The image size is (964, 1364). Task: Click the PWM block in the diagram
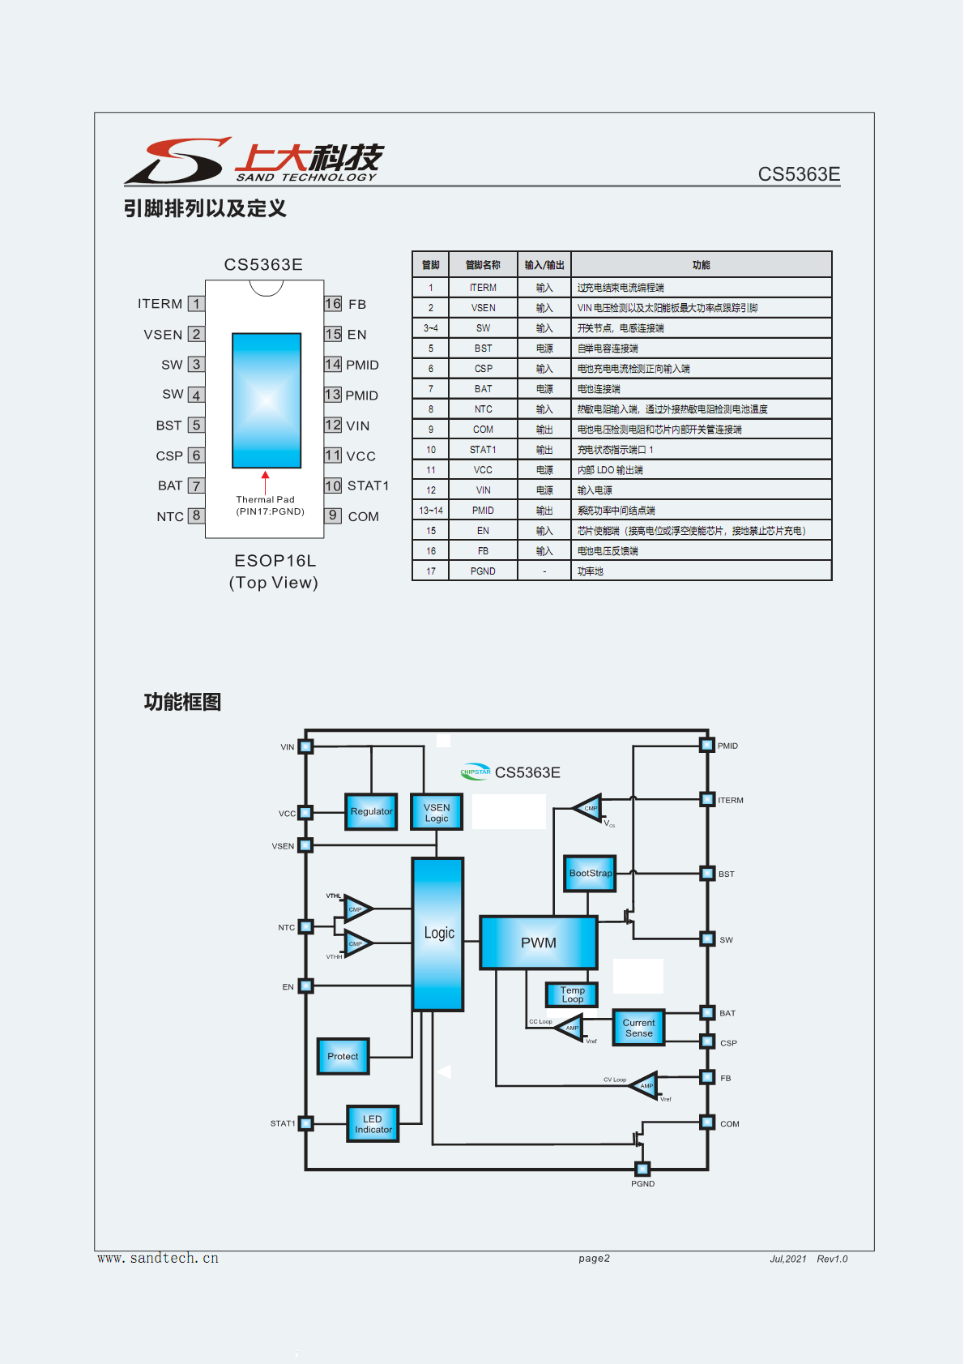539,943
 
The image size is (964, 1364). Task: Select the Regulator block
371,811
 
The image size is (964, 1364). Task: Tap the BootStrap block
590,874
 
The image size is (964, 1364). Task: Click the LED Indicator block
373,1124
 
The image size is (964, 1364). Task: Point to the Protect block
343,1056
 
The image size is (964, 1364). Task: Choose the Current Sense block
638,1028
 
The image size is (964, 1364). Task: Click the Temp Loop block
572,994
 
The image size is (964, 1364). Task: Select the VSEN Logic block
437,812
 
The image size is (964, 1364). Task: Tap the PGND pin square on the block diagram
642,1169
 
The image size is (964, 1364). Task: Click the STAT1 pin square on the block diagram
305,1123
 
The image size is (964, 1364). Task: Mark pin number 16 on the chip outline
333,304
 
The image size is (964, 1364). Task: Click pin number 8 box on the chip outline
196,515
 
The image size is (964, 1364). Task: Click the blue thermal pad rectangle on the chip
267,400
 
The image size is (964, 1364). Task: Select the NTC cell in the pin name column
483,409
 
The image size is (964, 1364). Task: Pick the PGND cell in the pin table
483,571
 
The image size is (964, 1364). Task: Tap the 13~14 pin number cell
431,511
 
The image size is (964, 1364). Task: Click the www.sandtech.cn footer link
158,1259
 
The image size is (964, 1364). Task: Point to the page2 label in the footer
594,1259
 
